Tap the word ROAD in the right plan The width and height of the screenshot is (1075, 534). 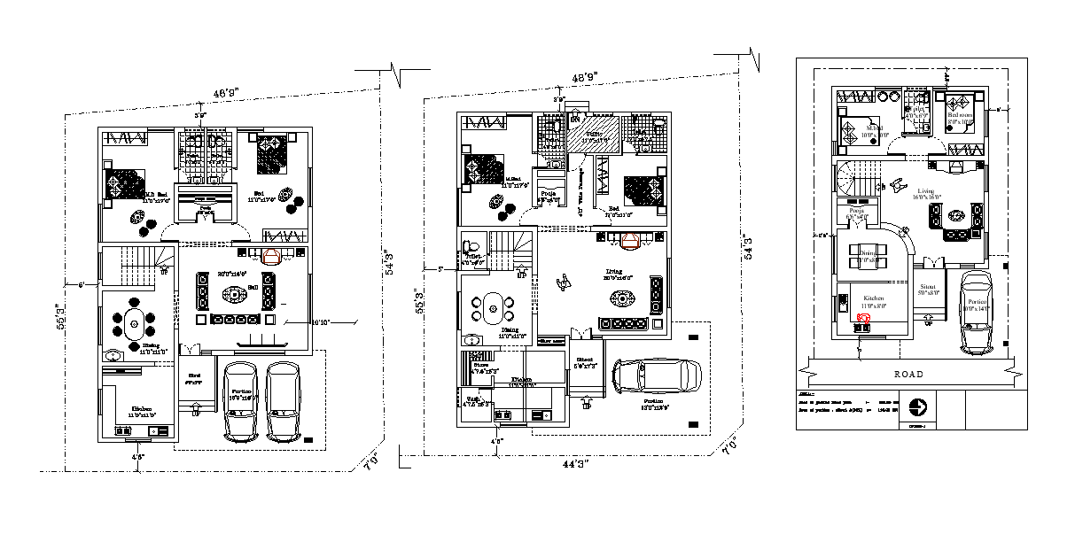pos(908,374)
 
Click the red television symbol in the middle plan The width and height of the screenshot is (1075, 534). pos(631,241)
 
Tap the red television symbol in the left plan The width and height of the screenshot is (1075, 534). pos(272,256)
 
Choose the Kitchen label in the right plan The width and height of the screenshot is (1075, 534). pos(874,299)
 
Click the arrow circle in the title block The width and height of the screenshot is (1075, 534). pos(920,408)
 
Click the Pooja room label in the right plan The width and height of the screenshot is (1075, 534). pos(855,211)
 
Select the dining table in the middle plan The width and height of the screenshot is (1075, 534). pos(493,306)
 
